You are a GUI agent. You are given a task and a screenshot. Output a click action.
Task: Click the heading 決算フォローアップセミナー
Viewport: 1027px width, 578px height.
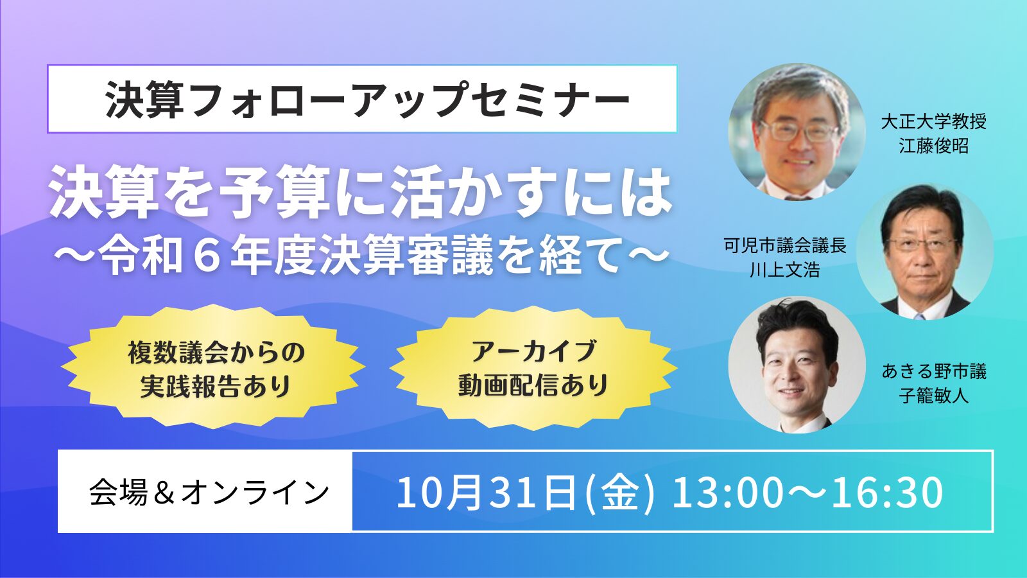tap(367, 100)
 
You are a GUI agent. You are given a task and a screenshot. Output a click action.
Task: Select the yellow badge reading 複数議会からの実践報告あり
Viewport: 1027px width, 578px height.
tap(213, 369)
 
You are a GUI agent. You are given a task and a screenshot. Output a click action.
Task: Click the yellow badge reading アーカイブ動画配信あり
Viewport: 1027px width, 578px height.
tap(533, 369)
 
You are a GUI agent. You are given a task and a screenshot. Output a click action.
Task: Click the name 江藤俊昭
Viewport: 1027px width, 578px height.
tap(933, 146)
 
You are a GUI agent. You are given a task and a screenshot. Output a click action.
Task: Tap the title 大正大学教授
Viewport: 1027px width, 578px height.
tap(933, 121)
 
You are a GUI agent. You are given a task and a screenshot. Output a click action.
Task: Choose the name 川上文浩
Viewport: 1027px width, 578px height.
tap(785, 270)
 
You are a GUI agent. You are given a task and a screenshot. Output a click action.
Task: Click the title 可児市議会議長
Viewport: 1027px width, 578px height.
tap(785, 246)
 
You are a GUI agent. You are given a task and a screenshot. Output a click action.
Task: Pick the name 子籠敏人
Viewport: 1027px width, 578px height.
tap(933, 395)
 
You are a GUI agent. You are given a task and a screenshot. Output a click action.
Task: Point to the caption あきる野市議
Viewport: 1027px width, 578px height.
tap(933, 371)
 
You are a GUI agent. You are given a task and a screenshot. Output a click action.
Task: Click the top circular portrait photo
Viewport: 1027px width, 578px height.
tap(797, 132)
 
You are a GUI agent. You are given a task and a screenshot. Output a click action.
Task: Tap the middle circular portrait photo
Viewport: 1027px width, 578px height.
tap(925, 251)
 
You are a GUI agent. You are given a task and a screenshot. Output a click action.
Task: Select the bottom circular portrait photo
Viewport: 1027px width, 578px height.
tap(797, 365)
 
